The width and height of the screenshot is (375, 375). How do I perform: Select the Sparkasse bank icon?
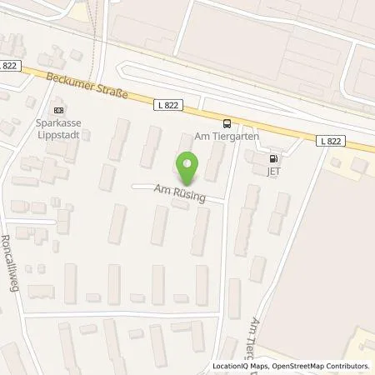pos(57,109)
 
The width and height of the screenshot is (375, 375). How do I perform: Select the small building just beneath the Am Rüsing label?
pos(179,205)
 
